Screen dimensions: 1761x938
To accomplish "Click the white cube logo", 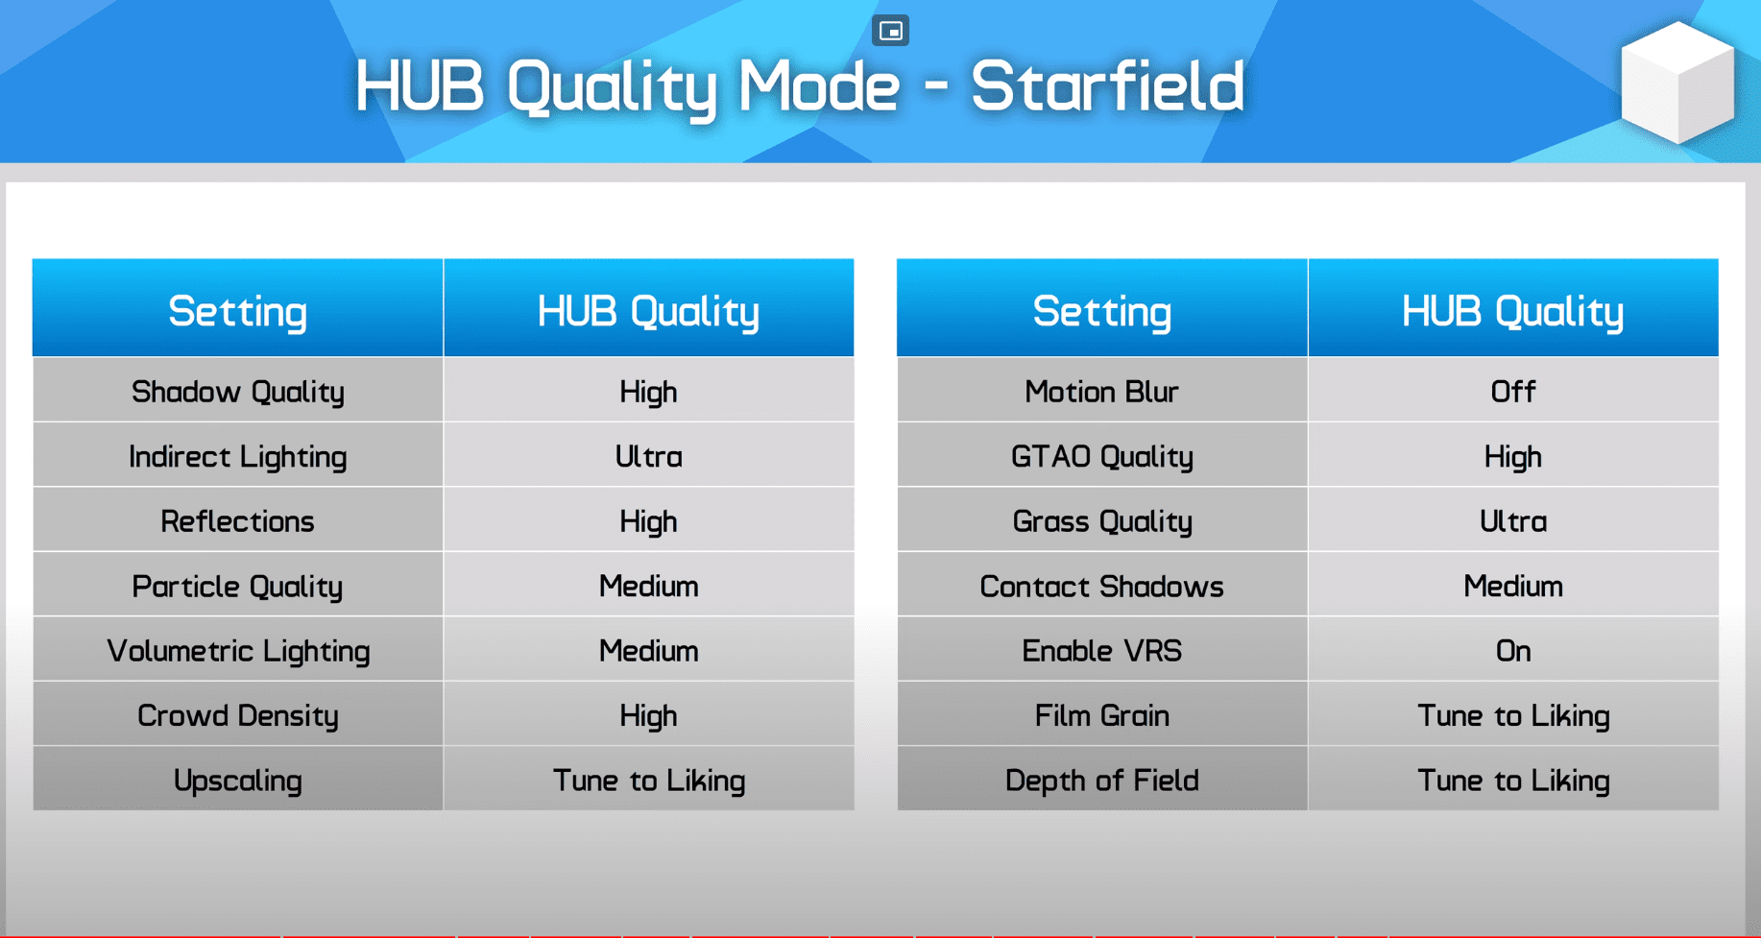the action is click(1677, 83).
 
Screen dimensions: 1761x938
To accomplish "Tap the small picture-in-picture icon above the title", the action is click(890, 31).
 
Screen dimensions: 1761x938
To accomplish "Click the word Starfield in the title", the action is click(1107, 86).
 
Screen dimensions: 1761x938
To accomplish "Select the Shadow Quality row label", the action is click(238, 392).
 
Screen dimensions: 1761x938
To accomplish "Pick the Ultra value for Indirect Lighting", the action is click(649, 456).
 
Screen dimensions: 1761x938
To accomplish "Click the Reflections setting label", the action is click(238, 521).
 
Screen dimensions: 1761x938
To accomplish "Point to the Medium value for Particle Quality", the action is click(649, 586).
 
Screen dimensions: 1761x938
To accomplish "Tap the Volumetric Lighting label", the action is click(238, 651).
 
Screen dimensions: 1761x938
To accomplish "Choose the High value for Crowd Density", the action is click(649, 715).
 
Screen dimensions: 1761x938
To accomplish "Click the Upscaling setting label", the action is click(238, 781).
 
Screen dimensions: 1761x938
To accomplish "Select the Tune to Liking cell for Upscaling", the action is click(649, 781).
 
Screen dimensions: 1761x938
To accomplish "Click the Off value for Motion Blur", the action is click(1513, 392).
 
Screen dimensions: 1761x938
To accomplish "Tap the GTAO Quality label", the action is click(1102, 456).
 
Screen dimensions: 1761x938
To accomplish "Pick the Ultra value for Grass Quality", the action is click(1513, 521).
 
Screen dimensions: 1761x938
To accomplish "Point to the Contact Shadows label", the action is click(1102, 586).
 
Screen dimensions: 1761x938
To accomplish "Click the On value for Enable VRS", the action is click(1513, 651).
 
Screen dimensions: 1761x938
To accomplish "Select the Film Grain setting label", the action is click(1102, 715).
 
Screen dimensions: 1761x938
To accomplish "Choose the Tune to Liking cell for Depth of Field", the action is click(1513, 781).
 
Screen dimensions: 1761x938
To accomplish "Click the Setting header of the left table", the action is click(238, 311).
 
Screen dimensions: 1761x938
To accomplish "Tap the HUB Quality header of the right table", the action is click(1513, 311).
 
